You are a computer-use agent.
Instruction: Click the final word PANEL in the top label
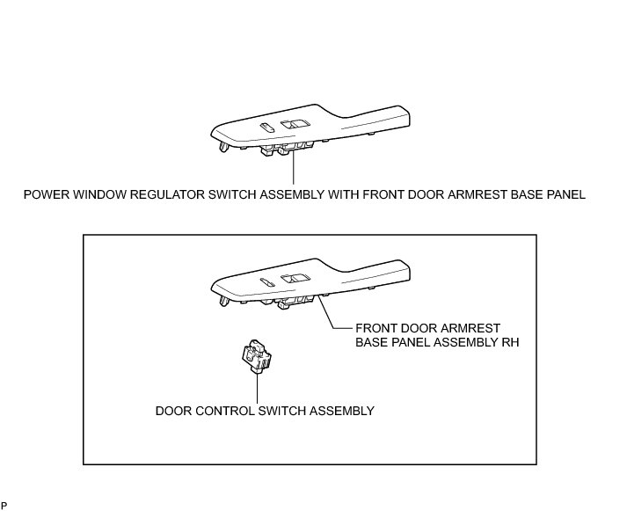pos(564,193)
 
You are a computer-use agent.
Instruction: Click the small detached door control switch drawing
pos(257,355)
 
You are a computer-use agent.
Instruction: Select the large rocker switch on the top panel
pos(295,127)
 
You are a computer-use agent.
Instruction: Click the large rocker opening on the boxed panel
pos(295,281)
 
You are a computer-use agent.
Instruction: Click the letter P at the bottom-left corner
pos(4,505)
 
